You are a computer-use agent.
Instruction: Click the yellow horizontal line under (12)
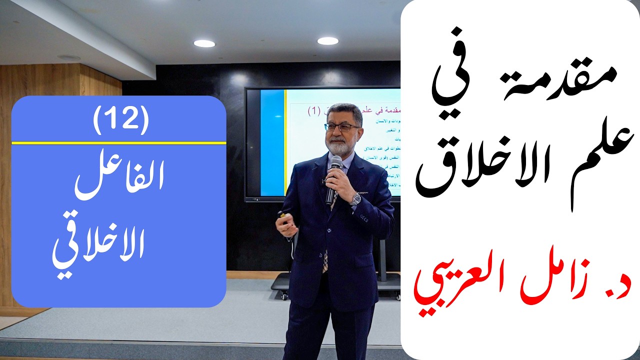coord(119,142)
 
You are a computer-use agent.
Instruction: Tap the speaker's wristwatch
coord(355,198)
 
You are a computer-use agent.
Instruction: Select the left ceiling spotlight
coord(204,43)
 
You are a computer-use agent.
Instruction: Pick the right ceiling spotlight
coord(327,41)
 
